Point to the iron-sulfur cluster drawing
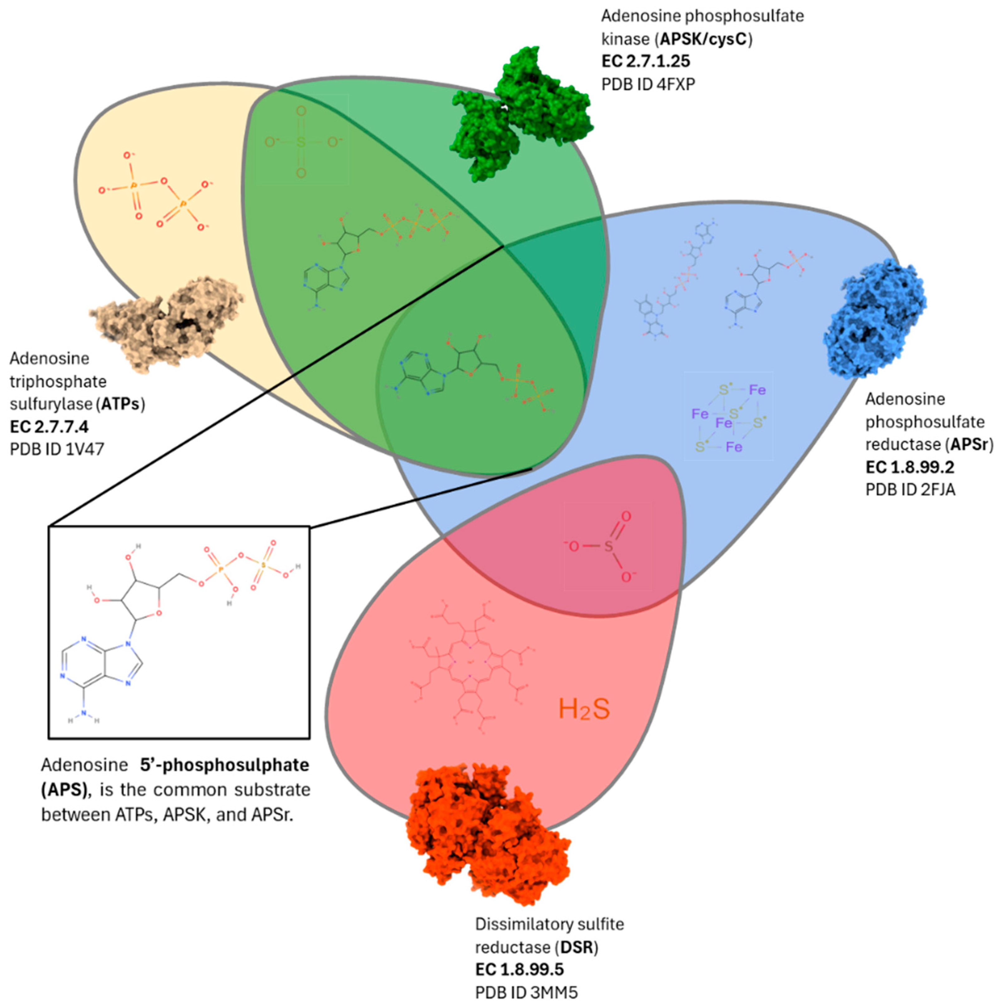click(x=728, y=417)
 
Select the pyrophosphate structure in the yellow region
click(x=156, y=193)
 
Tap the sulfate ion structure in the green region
click(x=302, y=142)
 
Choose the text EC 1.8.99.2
click(x=910, y=467)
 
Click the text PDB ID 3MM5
click(x=526, y=992)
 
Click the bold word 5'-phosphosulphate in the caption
click(x=224, y=765)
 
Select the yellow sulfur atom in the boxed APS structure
click(x=264, y=565)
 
